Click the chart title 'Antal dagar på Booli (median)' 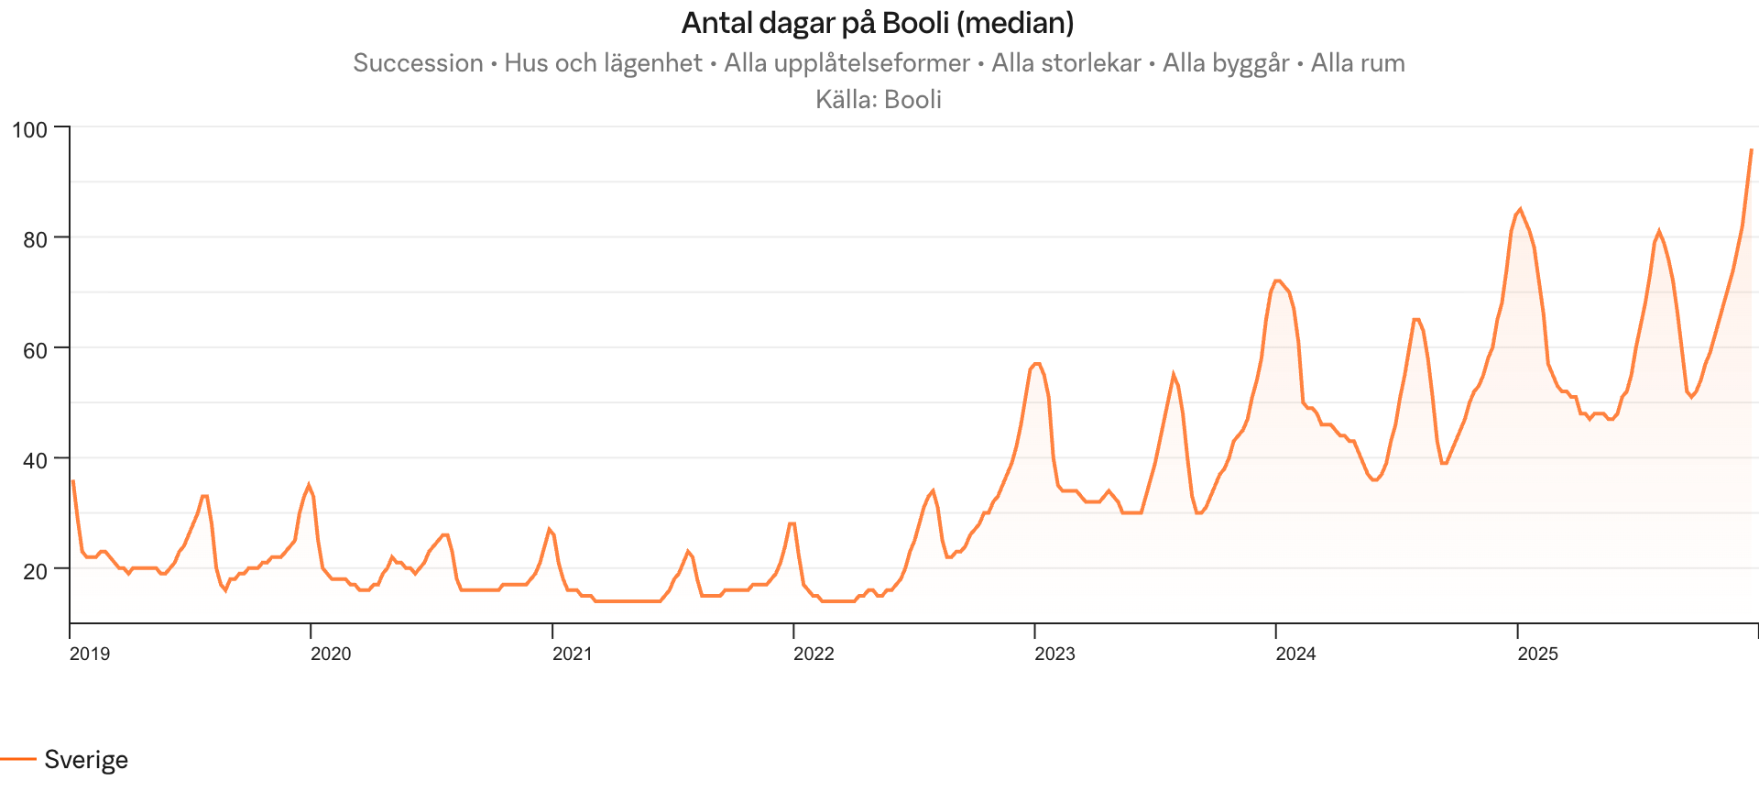[x=878, y=23]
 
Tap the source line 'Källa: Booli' [x=878, y=99]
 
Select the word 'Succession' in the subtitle [x=418, y=63]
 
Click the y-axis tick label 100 [x=28, y=129]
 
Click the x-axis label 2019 [x=90, y=654]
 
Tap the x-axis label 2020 [x=331, y=654]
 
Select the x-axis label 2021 [x=572, y=654]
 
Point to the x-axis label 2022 [x=814, y=654]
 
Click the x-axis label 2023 [x=1054, y=654]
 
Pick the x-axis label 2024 [x=1296, y=654]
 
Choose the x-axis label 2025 [x=1537, y=654]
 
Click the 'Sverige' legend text [x=86, y=760]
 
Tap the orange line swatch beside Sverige [x=17, y=760]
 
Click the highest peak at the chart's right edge [x=1751, y=149]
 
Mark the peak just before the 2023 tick [x=1036, y=364]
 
